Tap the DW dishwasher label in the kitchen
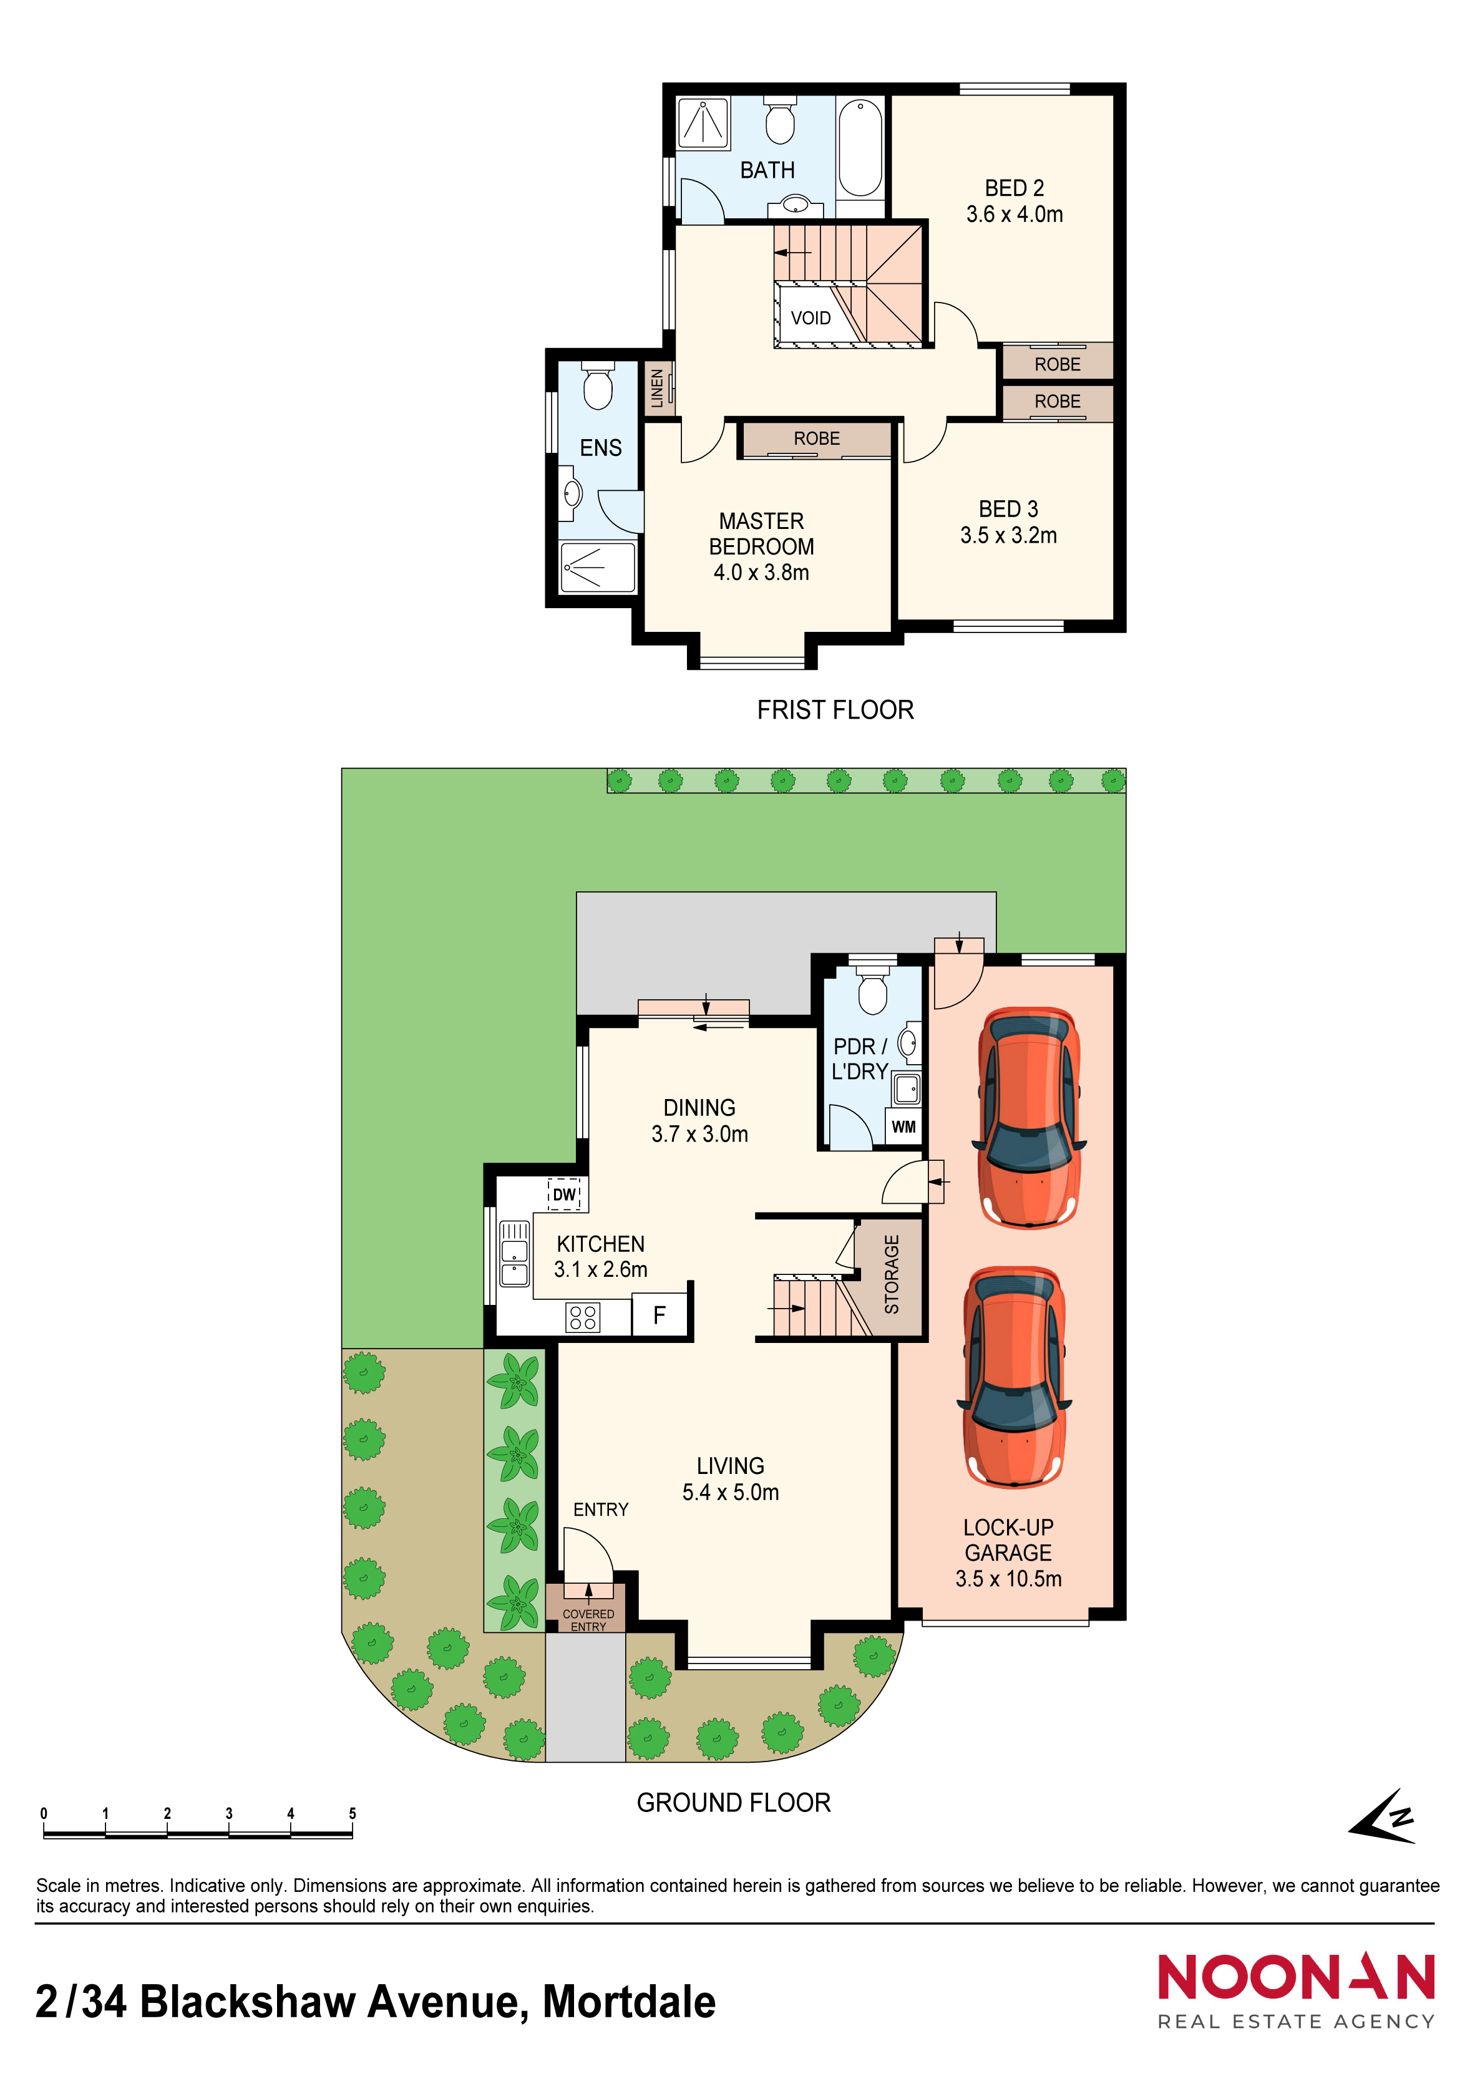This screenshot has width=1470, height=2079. [x=564, y=1195]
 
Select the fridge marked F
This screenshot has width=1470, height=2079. [x=660, y=1315]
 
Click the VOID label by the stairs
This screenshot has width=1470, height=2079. [x=810, y=318]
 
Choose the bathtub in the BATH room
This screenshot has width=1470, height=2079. [x=860, y=148]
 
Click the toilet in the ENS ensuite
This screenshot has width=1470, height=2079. [x=597, y=385]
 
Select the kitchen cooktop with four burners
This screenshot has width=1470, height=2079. [x=582, y=1317]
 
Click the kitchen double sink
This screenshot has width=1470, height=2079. [x=515, y=1253]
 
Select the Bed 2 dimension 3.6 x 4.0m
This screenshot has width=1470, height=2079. [x=1015, y=215]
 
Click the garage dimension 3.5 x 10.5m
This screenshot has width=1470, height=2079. [x=1008, y=1578]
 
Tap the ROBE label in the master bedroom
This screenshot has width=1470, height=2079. [x=817, y=439]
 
